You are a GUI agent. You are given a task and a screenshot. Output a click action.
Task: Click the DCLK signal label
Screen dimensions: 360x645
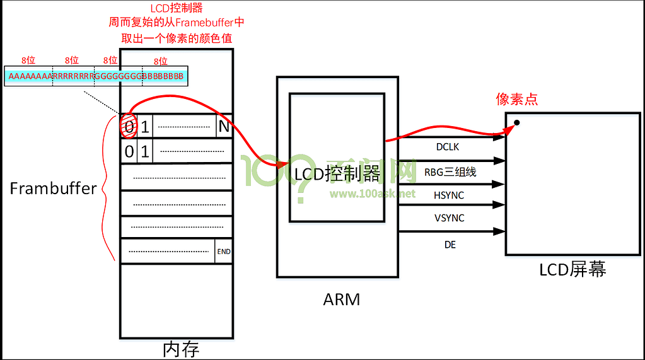[448, 146]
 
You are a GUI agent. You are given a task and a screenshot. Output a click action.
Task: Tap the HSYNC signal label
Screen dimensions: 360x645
[448, 195]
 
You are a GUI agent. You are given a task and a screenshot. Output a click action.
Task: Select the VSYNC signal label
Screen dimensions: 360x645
[448, 218]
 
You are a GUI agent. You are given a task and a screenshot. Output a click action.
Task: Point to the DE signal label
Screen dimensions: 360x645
[450, 245]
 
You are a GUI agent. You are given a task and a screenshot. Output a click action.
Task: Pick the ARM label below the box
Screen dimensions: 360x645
[341, 299]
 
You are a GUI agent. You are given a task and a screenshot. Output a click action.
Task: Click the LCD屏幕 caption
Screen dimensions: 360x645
[572, 270]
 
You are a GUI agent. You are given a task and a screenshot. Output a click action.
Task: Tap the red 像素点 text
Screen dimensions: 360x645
[517, 99]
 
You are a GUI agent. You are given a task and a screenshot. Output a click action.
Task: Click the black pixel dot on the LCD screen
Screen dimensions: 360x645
[516, 122]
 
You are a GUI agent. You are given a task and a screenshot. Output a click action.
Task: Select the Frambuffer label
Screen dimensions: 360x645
[54, 188]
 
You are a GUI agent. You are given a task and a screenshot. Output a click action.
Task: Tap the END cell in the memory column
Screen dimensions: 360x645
[223, 252]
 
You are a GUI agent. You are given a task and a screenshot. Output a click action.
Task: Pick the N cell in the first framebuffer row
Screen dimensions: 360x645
[224, 127]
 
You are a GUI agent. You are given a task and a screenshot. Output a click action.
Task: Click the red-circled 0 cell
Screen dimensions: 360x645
[128, 127]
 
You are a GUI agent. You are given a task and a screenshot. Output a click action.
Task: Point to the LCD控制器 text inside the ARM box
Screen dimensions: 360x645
[337, 173]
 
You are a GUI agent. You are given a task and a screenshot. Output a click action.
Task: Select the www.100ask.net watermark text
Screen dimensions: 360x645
[373, 194]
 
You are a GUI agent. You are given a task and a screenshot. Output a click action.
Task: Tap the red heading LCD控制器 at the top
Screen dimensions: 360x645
[177, 8]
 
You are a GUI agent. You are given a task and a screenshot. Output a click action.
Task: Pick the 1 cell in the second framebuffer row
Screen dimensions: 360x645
[144, 151]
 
